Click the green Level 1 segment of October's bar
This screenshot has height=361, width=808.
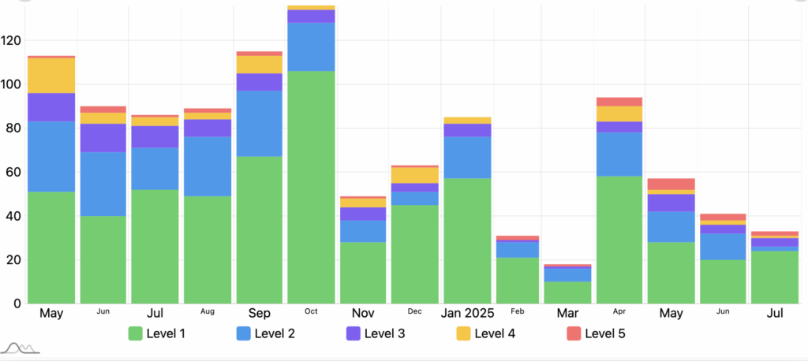[311, 187]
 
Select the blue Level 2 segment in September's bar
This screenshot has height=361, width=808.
[259, 123]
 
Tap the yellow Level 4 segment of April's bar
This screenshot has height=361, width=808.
[619, 114]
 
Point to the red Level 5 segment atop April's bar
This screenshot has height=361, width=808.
[619, 102]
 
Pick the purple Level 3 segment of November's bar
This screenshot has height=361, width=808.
[363, 214]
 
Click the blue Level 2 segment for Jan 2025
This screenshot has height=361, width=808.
[466, 158]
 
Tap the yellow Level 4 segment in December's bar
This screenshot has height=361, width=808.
[415, 175]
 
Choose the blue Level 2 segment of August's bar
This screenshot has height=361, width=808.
[208, 166]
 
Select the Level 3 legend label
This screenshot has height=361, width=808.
[385, 333]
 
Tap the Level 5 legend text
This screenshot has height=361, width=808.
[605, 333]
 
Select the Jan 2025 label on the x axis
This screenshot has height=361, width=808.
[466, 314]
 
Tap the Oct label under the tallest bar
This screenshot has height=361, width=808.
[311, 312]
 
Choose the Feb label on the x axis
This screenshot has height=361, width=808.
[518, 312]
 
